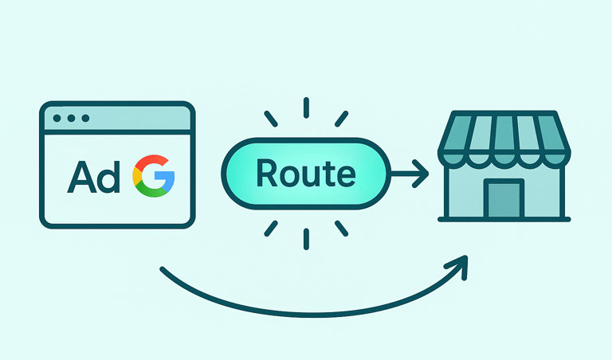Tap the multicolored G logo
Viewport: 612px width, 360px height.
point(154,176)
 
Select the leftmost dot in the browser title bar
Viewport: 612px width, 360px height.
point(57,119)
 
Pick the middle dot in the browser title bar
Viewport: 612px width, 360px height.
point(71,119)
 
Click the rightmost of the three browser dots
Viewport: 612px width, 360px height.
point(85,119)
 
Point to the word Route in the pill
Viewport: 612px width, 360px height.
point(306,174)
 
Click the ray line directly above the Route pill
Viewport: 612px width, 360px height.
point(306,108)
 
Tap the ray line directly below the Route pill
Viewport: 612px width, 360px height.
point(306,239)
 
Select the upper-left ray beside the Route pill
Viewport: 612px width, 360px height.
point(270,119)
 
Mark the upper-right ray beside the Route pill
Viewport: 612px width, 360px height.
point(342,119)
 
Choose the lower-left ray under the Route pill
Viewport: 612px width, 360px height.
point(270,229)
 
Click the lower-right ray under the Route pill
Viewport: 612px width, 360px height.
point(342,229)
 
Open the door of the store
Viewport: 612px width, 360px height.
point(503,199)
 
